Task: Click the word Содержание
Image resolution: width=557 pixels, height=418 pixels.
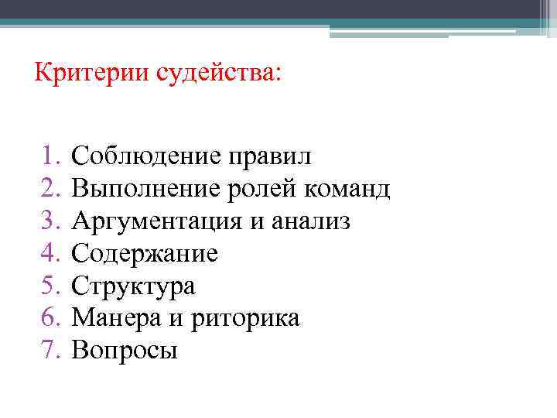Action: [145, 254]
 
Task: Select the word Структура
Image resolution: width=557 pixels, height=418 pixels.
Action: [134, 286]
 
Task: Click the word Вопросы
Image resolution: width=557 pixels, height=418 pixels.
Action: [125, 351]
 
